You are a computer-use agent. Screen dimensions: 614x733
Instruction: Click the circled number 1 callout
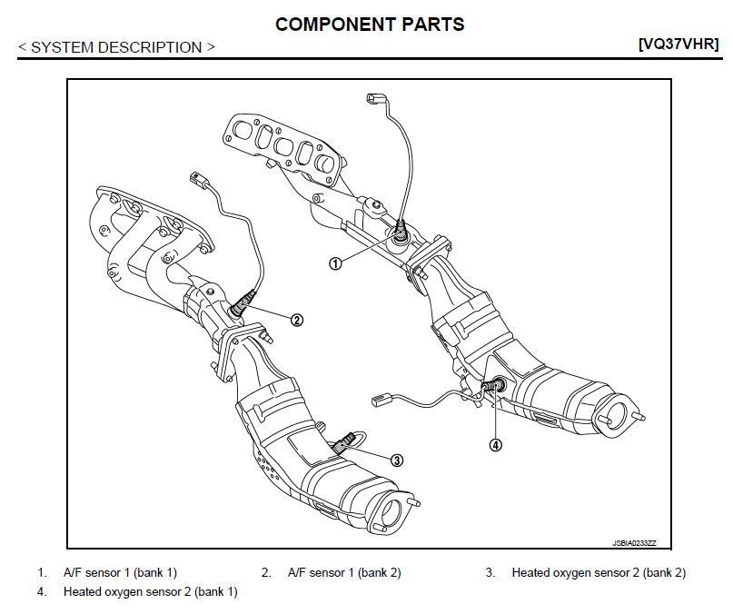pos(335,263)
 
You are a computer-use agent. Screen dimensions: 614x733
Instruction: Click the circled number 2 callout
pos(296,319)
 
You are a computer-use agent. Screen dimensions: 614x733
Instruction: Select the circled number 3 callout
pos(397,460)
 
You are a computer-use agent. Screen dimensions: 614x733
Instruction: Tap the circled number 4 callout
pos(495,445)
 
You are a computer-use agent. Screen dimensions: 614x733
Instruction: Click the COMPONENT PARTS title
pos(370,25)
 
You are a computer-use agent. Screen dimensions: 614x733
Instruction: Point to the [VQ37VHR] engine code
pos(679,44)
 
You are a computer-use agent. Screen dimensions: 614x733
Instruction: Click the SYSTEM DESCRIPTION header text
pos(117,47)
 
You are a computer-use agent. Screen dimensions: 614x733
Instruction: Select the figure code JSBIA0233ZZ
pos(633,543)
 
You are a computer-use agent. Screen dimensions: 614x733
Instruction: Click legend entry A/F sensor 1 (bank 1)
pos(120,572)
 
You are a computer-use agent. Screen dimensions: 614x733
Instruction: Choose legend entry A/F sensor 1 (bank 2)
pos(343,572)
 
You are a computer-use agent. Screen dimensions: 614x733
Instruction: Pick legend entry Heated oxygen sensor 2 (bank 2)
pos(599,572)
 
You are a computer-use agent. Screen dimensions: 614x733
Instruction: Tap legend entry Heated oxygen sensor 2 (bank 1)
pos(150,591)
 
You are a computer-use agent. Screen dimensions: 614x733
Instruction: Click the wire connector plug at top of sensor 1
pos(375,99)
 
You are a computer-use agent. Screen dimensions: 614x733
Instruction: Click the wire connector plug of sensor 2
pos(198,179)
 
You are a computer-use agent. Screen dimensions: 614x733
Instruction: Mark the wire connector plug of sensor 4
pos(381,399)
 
